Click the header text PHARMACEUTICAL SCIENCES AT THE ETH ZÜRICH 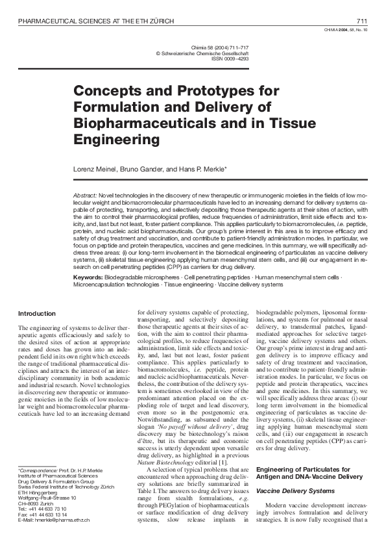pos(96,21)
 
